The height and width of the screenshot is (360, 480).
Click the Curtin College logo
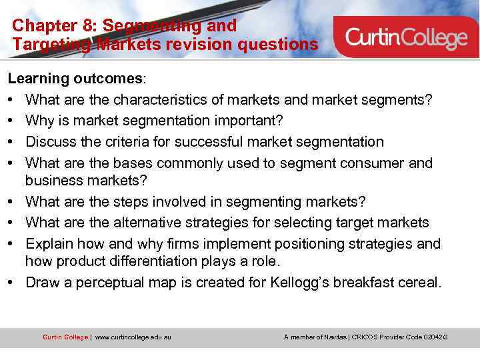407,37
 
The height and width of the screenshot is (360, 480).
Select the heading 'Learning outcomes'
75,79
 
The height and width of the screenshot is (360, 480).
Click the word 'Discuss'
52,142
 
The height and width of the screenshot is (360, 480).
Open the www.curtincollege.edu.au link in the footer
133,337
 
